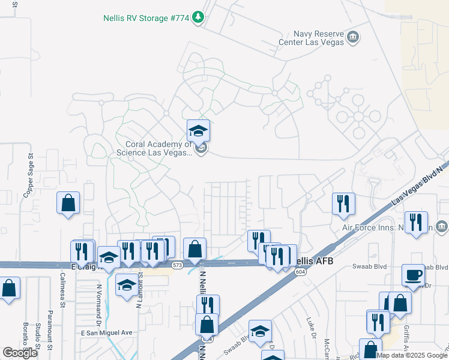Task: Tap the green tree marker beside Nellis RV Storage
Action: coord(198,19)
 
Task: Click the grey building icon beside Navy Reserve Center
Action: coord(354,38)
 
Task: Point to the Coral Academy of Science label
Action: coord(160,148)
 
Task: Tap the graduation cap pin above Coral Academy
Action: coord(198,131)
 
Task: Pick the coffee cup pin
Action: coord(413,275)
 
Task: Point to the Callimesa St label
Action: coord(63,291)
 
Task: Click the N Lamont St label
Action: coord(139,289)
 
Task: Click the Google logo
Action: coord(20,353)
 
